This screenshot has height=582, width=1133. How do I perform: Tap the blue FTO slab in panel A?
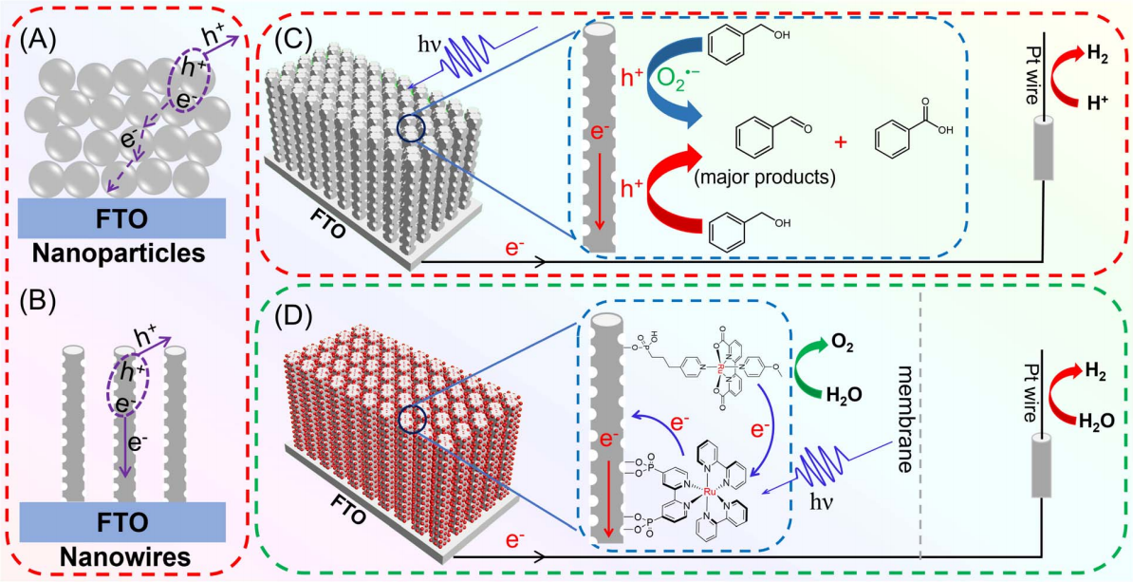[121, 215]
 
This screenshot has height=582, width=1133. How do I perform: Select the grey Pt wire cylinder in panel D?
[1044, 471]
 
